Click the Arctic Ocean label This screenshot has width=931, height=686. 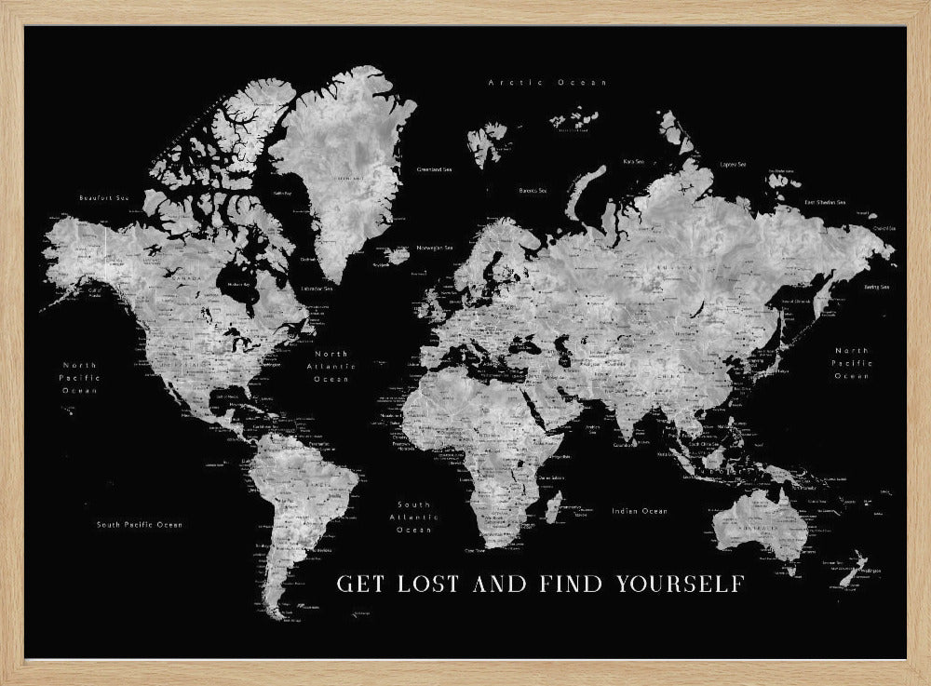point(547,83)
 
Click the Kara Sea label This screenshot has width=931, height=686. point(634,161)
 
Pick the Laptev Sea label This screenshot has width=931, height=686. point(733,164)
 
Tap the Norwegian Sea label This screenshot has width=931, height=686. point(436,248)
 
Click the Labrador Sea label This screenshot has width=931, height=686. point(317,288)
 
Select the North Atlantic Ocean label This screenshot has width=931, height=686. point(331,366)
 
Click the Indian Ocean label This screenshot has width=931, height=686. point(640,511)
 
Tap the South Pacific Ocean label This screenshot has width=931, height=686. point(140,525)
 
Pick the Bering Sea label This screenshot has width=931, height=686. point(876,288)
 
